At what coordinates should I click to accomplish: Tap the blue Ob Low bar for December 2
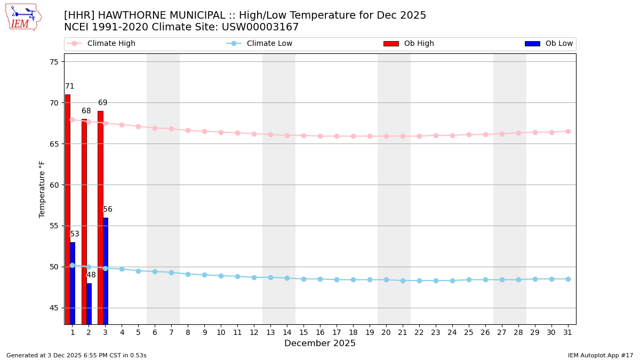click(x=89, y=303)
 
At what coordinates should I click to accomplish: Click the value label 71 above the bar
click(x=70, y=86)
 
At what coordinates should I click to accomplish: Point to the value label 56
click(x=108, y=210)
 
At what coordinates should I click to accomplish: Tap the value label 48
click(x=91, y=275)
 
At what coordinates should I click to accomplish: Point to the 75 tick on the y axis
click(x=53, y=62)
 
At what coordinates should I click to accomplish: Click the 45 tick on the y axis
click(x=53, y=308)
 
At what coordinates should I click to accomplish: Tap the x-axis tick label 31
click(x=568, y=332)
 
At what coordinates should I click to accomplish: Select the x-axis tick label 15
click(x=303, y=332)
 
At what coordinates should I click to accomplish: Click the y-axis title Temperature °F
click(x=43, y=189)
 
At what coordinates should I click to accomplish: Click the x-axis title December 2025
click(x=320, y=343)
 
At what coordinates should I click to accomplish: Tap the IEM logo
click(x=23, y=17)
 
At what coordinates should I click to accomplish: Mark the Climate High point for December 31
click(x=568, y=131)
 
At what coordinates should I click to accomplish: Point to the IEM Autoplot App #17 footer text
click(x=601, y=355)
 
